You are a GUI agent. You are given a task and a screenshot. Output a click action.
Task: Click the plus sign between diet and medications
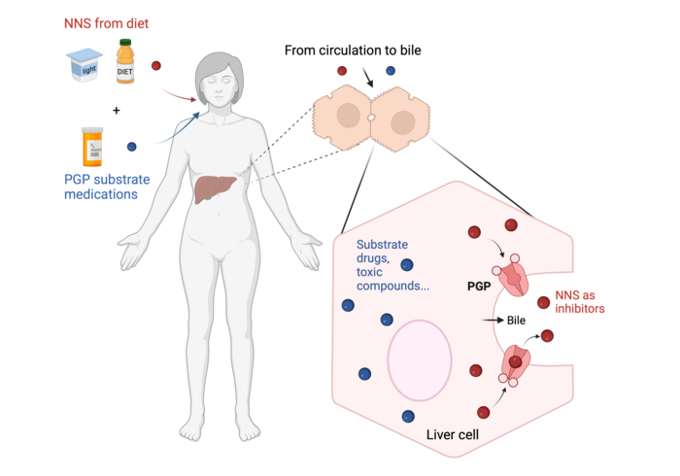pos(117,110)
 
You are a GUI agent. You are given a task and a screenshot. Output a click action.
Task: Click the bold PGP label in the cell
pos(478,289)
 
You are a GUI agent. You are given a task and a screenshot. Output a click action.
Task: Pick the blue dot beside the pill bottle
pos(132,147)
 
